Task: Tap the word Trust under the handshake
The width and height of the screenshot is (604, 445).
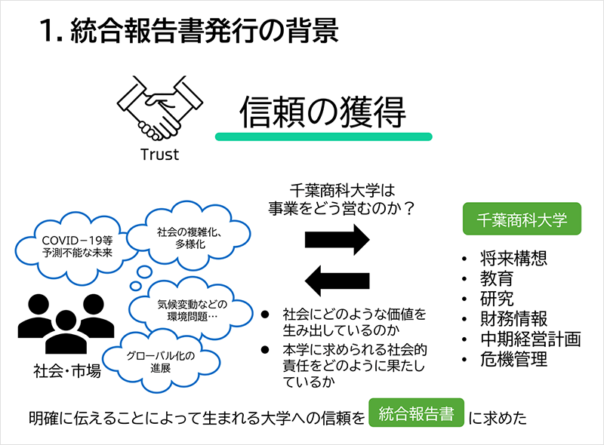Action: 159,155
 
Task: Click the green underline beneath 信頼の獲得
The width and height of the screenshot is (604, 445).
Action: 323,137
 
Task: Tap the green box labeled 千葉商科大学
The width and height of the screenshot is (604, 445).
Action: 521,219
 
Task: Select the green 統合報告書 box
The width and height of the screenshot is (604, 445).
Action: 415,414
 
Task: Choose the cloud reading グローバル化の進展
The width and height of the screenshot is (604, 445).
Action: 160,361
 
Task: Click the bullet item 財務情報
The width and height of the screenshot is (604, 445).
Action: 513,318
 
